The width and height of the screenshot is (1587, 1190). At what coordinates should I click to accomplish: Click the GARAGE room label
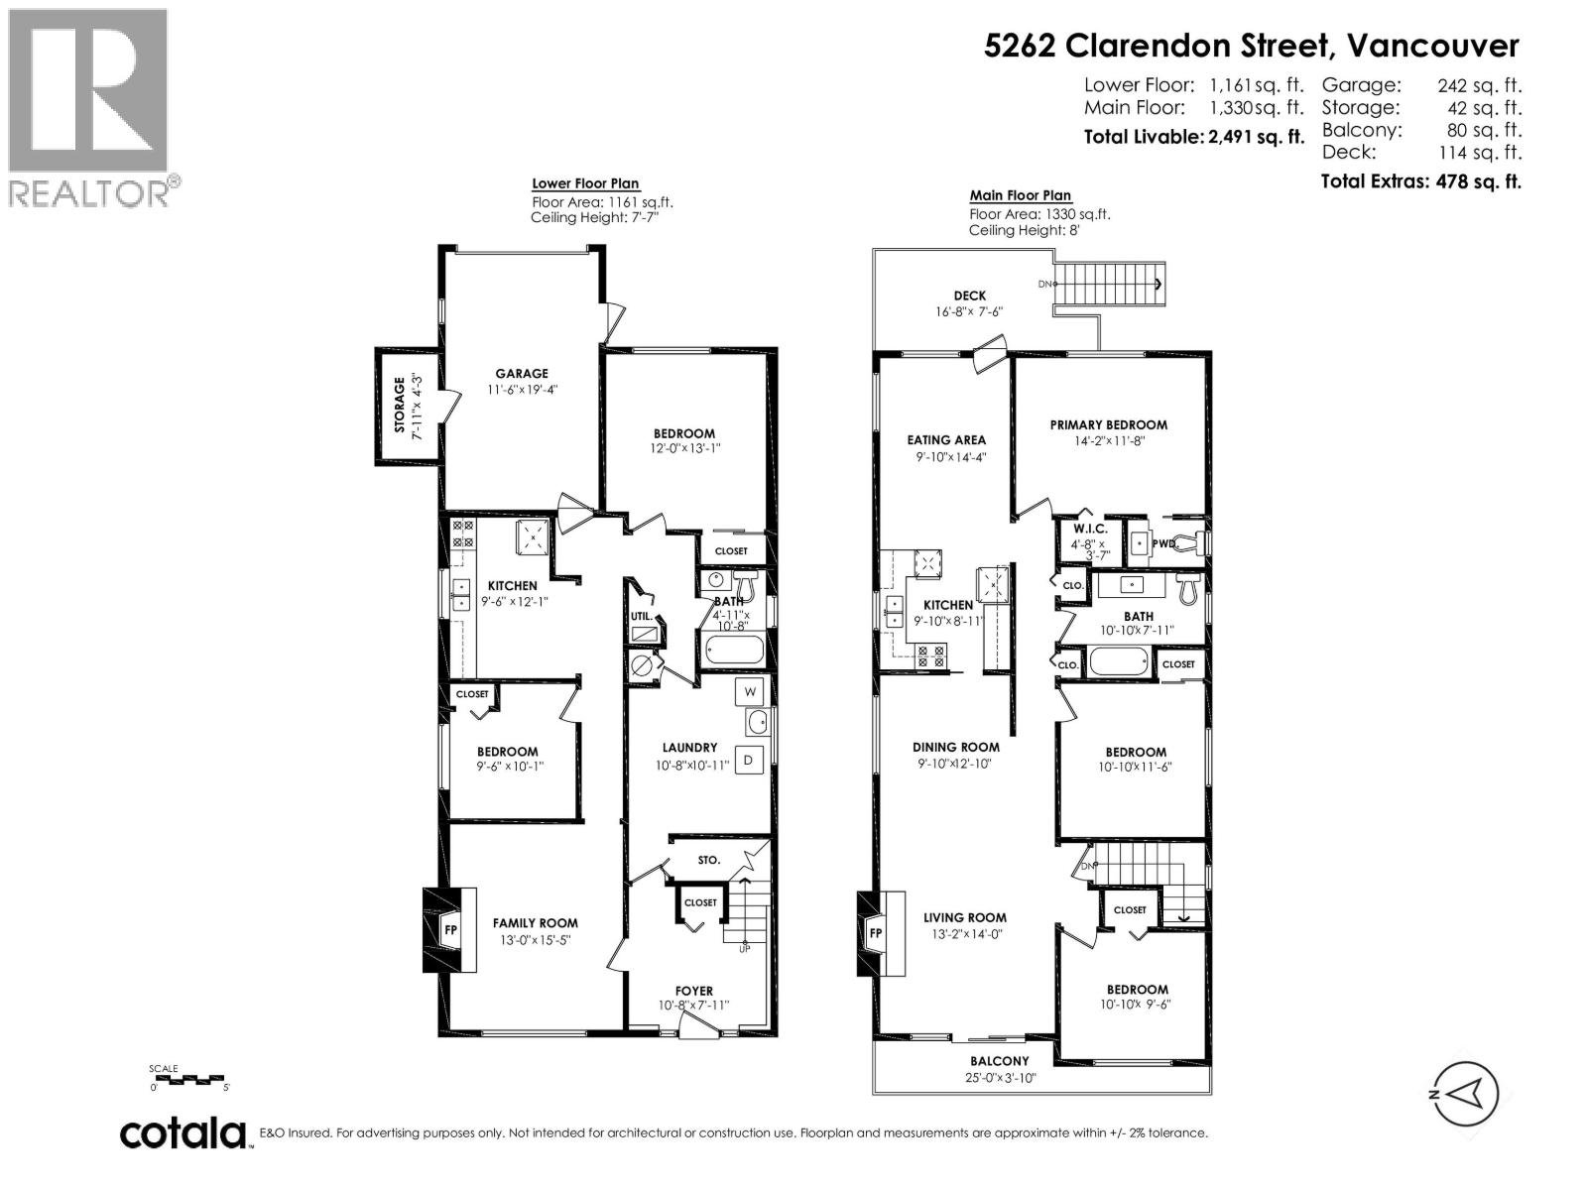[522, 374]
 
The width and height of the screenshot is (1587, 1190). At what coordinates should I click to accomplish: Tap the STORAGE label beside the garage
[400, 405]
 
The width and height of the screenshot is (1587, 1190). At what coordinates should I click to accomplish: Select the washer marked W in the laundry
[750, 691]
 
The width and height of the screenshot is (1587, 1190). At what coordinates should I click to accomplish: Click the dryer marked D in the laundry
[750, 760]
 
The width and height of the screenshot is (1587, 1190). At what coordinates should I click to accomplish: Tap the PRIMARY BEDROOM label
[1108, 424]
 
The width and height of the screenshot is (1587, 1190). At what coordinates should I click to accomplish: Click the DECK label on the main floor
[969, 296]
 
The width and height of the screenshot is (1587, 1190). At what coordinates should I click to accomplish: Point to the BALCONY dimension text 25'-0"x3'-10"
[1000, 1078]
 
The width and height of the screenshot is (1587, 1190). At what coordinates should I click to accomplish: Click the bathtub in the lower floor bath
[735, 652]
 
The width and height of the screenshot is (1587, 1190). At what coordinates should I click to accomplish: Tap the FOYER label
[694, 991]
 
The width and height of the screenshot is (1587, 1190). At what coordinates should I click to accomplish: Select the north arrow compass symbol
[1464, 1094]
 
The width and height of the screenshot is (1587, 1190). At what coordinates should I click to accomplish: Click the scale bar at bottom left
[188, 1078]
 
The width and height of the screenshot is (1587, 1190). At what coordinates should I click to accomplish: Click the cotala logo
[183, 1132]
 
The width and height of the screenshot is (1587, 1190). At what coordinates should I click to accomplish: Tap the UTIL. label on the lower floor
[641, 616]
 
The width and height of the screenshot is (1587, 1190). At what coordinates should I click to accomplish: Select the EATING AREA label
[946, 440]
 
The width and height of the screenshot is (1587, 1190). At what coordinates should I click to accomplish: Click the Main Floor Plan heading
[1021, 195]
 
